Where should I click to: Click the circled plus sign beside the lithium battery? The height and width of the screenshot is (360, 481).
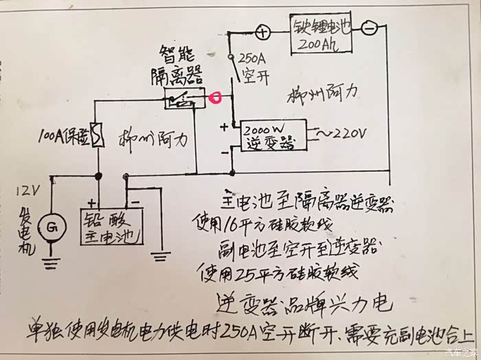click(x=261, y=32)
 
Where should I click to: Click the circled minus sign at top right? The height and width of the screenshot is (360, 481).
click(x=369, y=28)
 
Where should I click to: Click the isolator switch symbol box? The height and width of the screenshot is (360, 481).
click(x=183, y=100)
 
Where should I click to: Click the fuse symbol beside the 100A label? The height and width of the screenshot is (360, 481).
click(x=98, y=135)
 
